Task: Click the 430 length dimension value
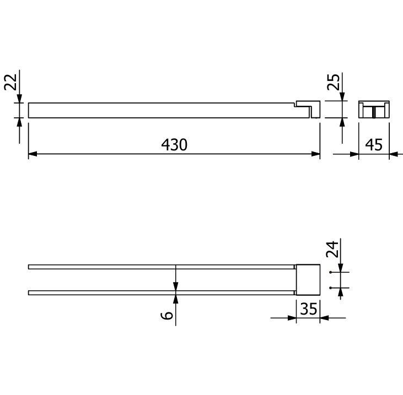pyautogui.click(x=174, y=144)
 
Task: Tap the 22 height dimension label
pyautogui.click(x=11, y=82)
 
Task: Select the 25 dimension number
pyautogui.click(x=333, y=82)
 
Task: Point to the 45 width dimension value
pyautogui.click(x=374, y=145)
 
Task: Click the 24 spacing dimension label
pyautogui.click(x=332, y=249)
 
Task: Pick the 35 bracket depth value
pyautogui.click(x=308, y=309)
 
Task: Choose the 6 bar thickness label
pyautogui.click(x=167, y=315)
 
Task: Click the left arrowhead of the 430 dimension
pyautogui.click(x=33, y=154)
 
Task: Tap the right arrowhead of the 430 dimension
pyautogui.click(x=315, y=154)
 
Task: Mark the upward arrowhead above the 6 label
pyautogui.click(x=175, y=299)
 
